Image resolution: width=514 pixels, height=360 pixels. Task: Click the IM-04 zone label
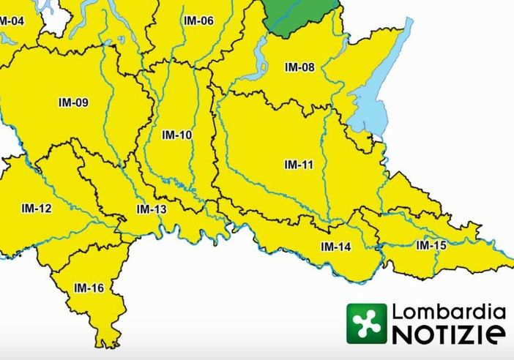pyautogui.click(x=10, y=20)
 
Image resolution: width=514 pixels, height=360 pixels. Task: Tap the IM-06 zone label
pyautogui.click(x=198, y=20)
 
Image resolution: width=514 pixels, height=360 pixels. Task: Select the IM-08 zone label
pyautogui.click(x=299, y=68)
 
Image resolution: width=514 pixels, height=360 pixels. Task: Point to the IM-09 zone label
pyautogui.click(x=73, y=102)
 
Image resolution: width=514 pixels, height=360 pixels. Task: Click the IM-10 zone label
pyautogui.click(x=176, y=135)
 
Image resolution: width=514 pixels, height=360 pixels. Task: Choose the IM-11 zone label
pyautogui.click(x=299, y=165)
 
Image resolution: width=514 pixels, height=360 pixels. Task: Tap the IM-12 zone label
pyautogui.click(x=37, y=209)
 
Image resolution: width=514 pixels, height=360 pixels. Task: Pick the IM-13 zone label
pyautogui.click(x=152, y=210)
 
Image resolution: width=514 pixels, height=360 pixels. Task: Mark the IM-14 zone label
pyautogui.click(x=336, y=247)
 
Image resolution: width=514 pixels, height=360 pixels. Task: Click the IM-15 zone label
pyautogui.click(x=431, y=245)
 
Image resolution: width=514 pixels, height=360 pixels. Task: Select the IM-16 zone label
pyautogui.click(x=89, y=288)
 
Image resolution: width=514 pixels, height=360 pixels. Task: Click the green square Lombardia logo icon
pyautogui.click(x=366, y=323)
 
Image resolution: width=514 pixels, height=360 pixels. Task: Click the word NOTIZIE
pyautogui.click(x=449, y=334)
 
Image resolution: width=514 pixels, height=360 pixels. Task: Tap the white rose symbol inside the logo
pyautogui.click(x=366, y=323)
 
